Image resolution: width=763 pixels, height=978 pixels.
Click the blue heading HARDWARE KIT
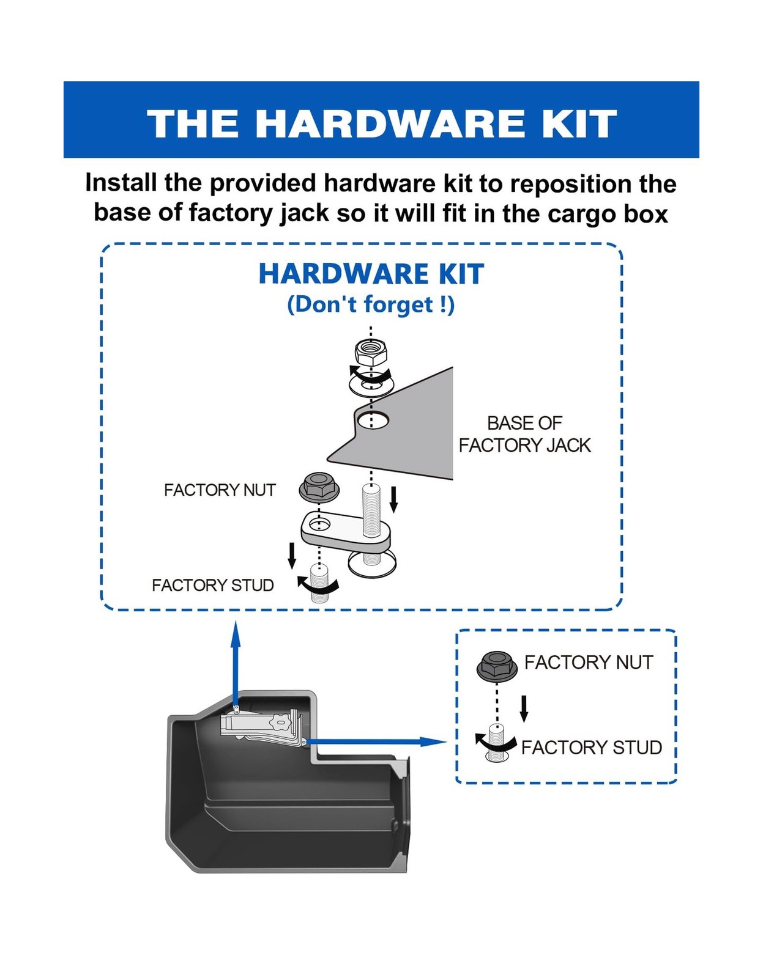(371, 274)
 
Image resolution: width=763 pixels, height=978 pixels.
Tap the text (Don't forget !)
(371, 304)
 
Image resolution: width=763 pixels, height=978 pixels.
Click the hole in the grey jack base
(373, 420)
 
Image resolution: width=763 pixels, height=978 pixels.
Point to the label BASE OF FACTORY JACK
(524, 434)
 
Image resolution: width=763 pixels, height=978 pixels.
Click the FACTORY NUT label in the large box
(219, 490)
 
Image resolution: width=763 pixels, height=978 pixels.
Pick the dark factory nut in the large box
(319, 488)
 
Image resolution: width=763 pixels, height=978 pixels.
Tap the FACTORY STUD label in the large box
(212, 585)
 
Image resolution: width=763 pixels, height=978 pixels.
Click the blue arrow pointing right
(379, 741)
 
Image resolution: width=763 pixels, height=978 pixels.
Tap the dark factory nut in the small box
(496, 666)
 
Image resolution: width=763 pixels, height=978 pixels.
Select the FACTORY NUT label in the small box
(588, 662)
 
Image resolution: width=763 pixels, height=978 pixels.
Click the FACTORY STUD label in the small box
(591, 747)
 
